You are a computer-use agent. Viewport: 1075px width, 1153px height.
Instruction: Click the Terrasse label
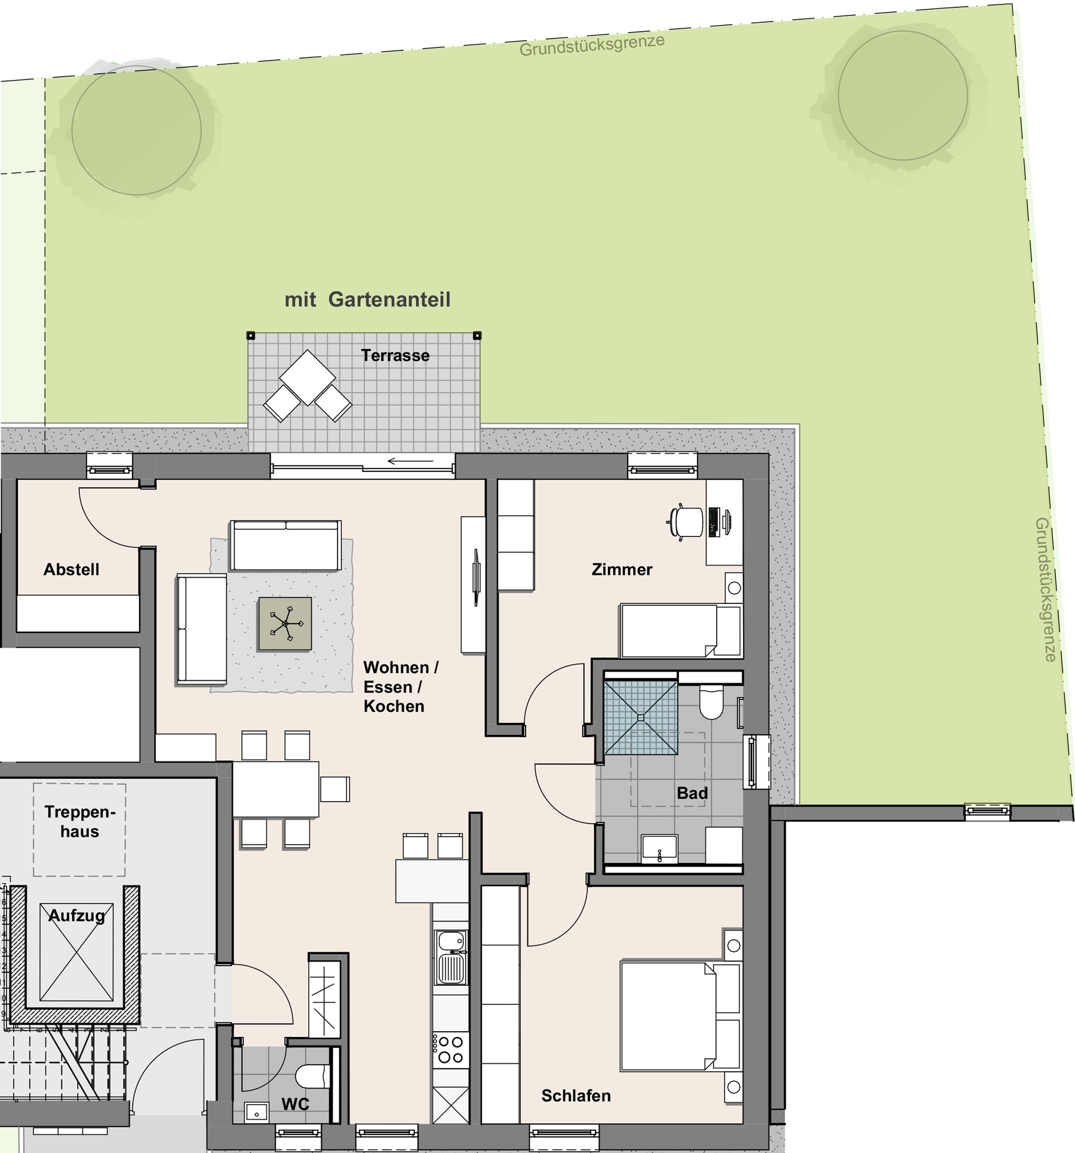pyautogui.click(x=395, y=356)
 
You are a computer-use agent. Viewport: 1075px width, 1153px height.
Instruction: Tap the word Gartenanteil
pyautogui.click(x=389, y=300)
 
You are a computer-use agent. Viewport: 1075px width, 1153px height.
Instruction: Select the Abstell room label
pyautogui.click(x=71, y=569)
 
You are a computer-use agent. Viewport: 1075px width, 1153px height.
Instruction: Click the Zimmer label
pyautogui.click(x=622, y=569)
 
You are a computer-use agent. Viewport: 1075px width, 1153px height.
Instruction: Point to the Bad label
pyautogui.click(x=692, y=793)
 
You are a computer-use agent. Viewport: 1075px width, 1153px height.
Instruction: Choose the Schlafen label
pyautogui.click(x=576, y=1096)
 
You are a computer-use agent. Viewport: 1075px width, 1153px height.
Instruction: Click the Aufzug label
pyautogui.click(x=76, y=915)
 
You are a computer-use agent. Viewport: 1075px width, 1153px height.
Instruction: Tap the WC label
pyautogui.click(x=295, y=1104)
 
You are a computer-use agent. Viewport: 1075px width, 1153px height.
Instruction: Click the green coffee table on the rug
pyautogui.click(x=285, y=624)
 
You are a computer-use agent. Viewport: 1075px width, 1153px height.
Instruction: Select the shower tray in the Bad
pyautogui.click(x=640, y=718)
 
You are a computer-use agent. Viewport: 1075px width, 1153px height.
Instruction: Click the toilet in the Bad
pyautogui.click(x=711, y=703)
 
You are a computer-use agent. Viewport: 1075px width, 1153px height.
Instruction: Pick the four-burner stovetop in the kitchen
pyautogui.click(x=451, y=1050)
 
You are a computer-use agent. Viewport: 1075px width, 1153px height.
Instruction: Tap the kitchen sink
pyautogui.click(x=451, y=957)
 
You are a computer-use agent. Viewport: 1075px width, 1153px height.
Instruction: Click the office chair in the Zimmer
pyautogui.click(x=686, y=522)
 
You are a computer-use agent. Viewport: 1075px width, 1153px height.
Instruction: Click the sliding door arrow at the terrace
pyautogui.click(x=410, y=461)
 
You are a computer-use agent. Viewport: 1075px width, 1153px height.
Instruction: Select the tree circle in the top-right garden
pyautogui.click(x=902, y=95)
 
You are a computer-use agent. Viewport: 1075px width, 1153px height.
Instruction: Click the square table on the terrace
pyautogui.click(x=308, y=377)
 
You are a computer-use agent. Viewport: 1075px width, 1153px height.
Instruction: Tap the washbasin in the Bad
pyautogui.click(x=659, y=848)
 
